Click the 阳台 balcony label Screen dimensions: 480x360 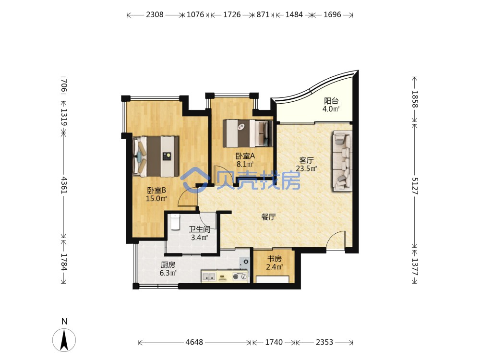click(331, 101)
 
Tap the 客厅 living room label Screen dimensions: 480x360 click(306, 160)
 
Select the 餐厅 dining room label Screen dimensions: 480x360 click(268, 217)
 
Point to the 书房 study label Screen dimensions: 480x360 click(274, 259)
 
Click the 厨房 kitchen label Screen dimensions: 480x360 click(168, 264)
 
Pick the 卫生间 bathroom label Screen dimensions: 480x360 click(199, 229)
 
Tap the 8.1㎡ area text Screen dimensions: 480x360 click(245, 164)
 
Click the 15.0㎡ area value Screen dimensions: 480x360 click(156, 198)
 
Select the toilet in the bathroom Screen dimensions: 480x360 click(175, 222)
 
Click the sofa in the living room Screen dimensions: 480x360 click(342, 161)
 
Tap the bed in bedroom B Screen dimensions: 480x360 click(156, 156)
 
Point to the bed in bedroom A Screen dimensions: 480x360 click(247, 133)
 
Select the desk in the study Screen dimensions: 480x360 click(273, 279)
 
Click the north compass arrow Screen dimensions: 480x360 click(64, 339)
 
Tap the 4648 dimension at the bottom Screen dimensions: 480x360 click(194, 342)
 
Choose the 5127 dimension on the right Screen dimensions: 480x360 click(414, 186)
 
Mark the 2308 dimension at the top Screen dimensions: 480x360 click(155, 14)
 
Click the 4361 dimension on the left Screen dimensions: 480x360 click(64, 185)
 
